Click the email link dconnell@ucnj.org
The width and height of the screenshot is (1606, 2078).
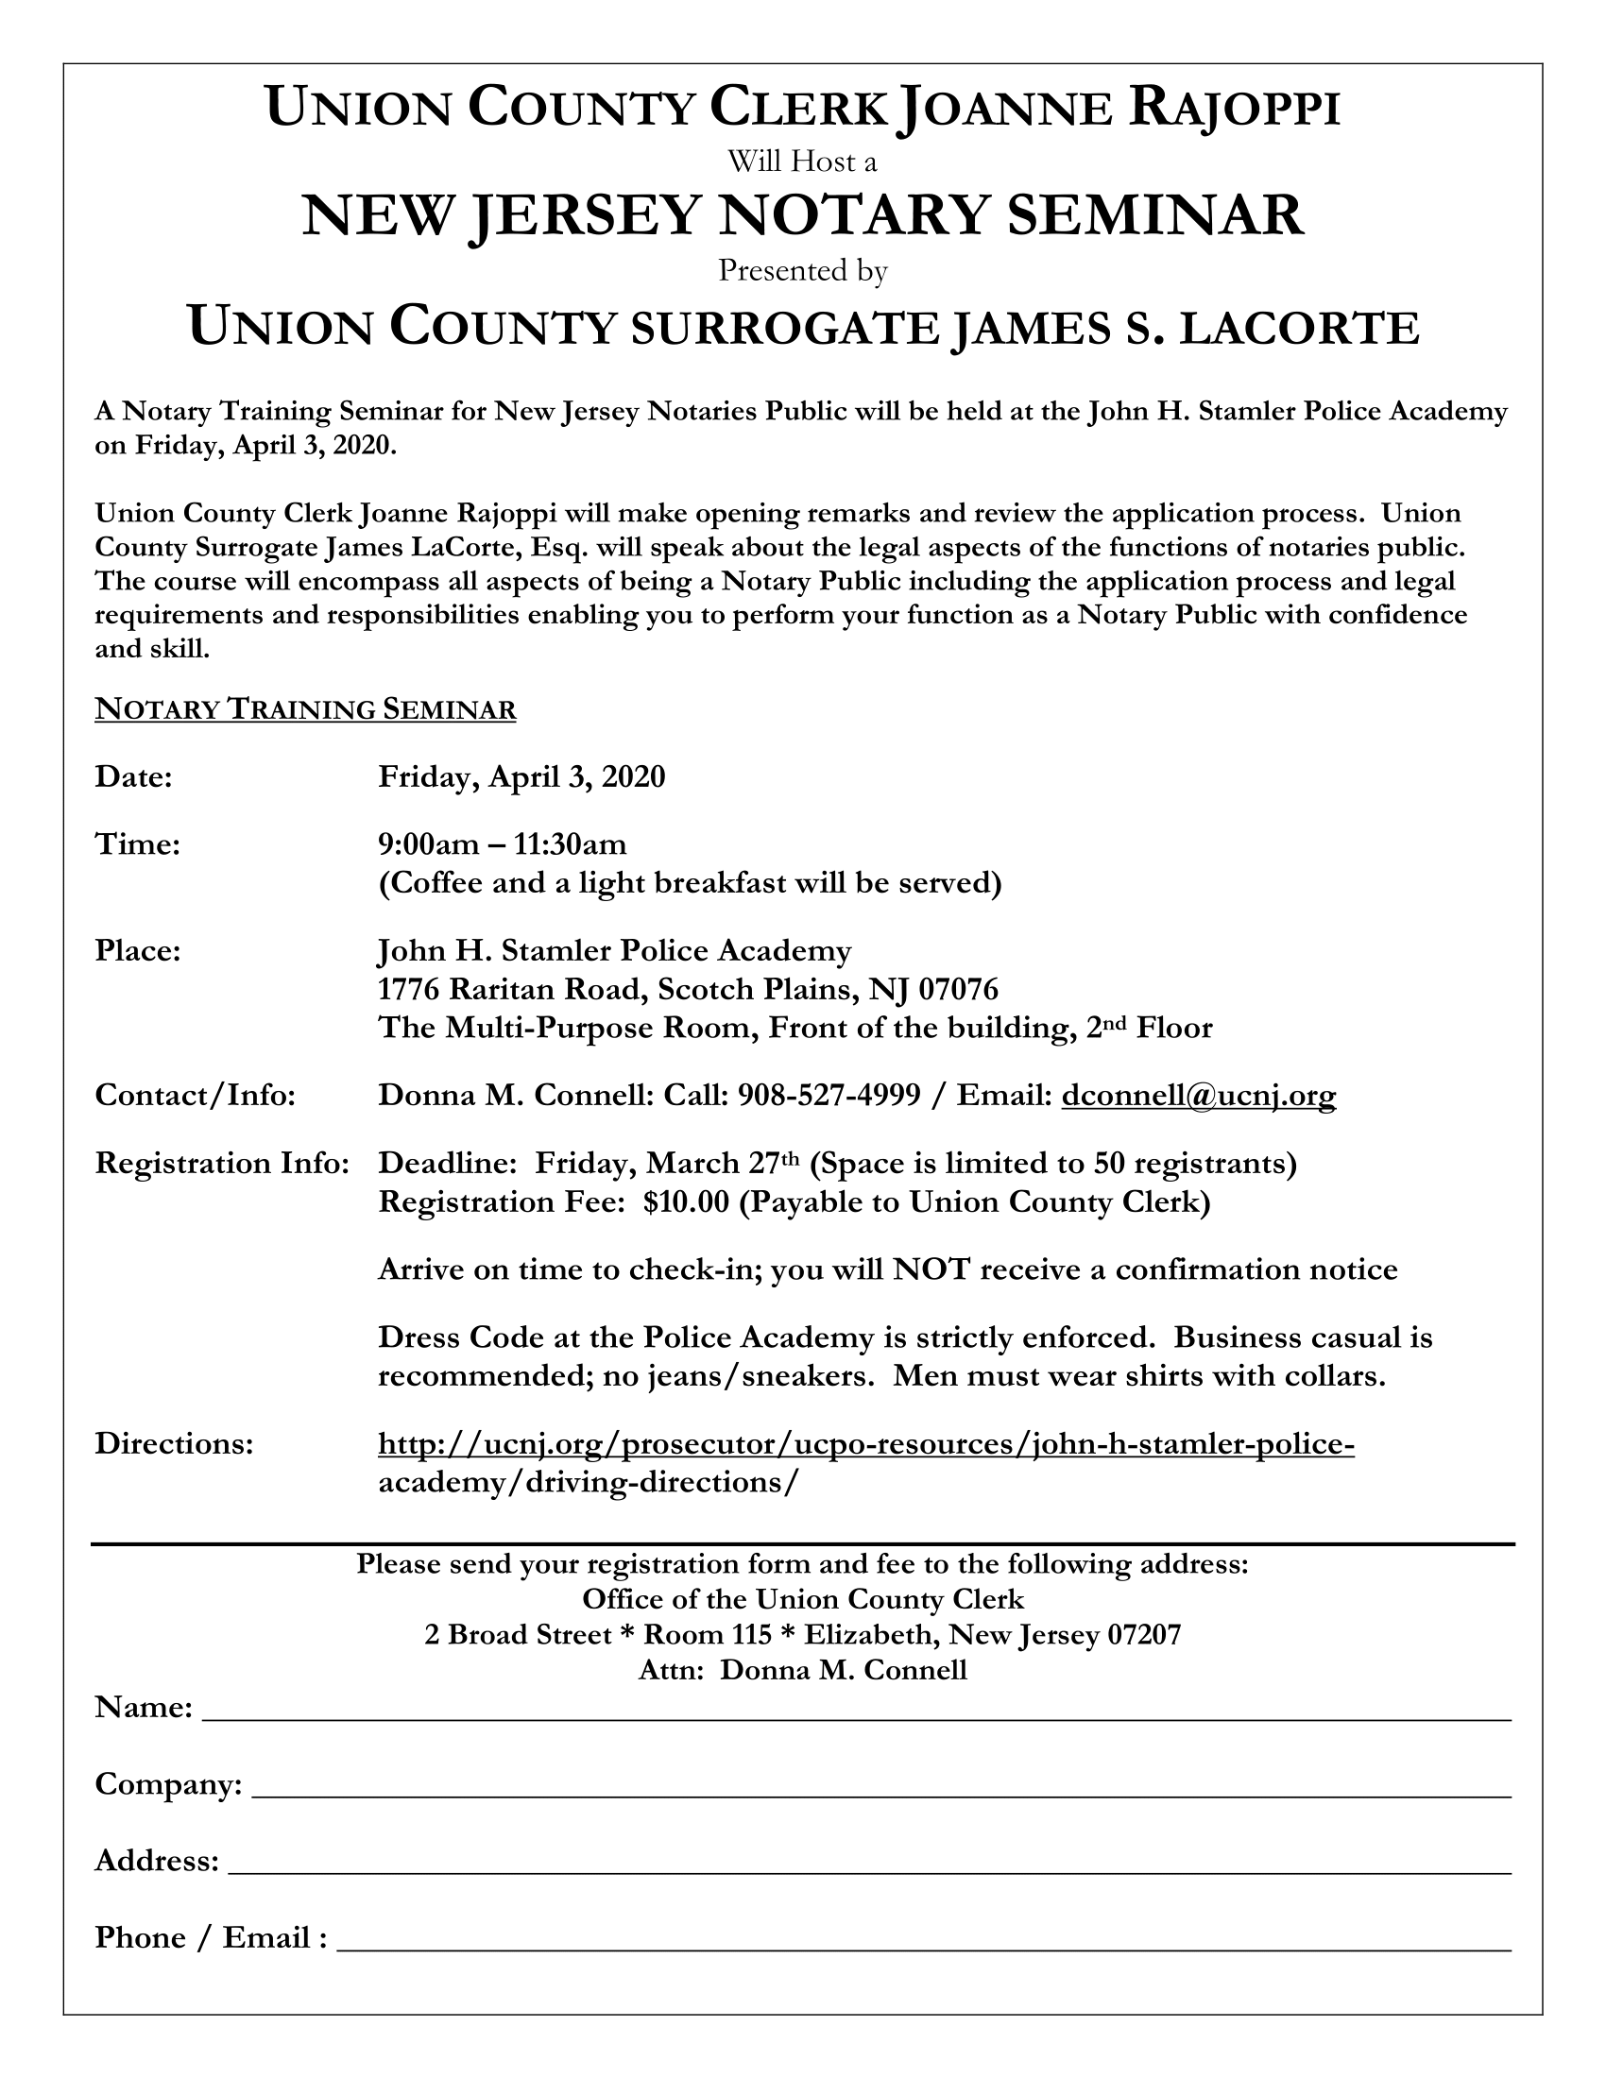(x=1198, y=1096)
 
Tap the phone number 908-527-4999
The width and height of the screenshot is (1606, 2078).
(x=829, y=1096)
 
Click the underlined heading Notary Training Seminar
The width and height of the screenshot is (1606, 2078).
(x=305, y=709)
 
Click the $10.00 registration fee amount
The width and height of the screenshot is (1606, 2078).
(x=685, y=1202)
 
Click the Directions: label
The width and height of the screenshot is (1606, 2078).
(x=174, y=1444)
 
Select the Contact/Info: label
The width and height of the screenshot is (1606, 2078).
(x=195, y=1096)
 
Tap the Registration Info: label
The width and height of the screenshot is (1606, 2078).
(x=223, y=1164)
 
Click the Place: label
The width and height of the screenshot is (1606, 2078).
(x=138, y=950)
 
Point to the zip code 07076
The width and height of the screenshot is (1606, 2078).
(x=958, y=990)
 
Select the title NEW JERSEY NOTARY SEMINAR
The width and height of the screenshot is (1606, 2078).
(x=802, y=215)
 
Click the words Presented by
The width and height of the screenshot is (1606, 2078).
(x=802, y=271)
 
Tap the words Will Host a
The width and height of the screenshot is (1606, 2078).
(x=802, y=162)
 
